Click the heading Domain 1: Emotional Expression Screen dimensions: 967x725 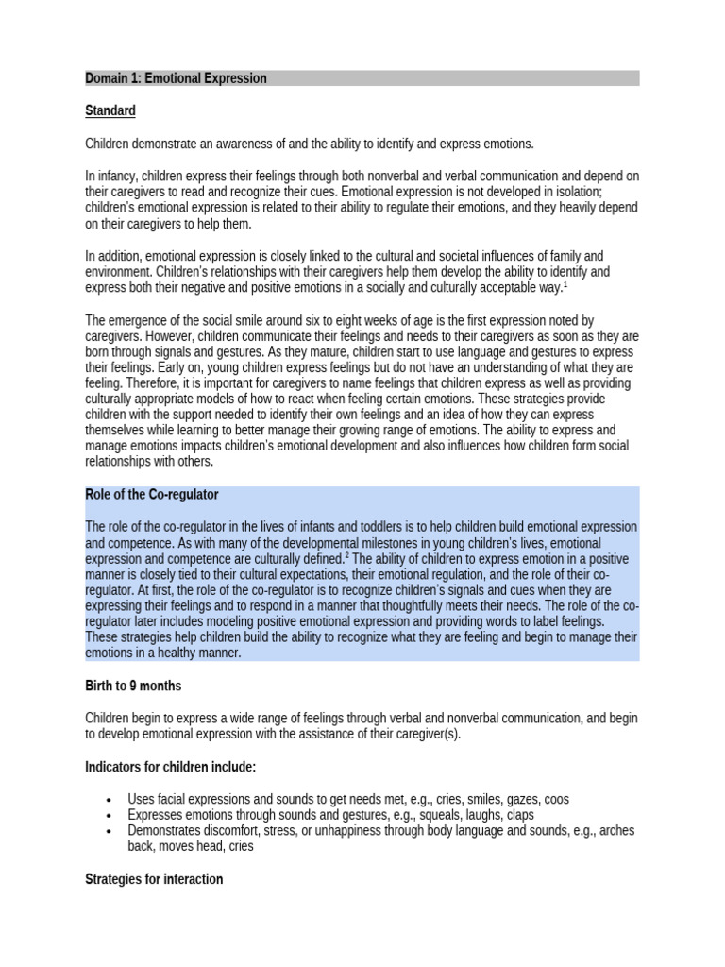pyautogui.click(x=176, y=78)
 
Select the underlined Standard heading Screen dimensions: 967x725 pyautogui.click(x=110, y=110)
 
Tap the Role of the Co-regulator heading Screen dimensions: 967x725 pyautogui.click(x=152, y=495)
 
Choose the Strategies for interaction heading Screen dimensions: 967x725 pyautogui.click(x=154, y=879)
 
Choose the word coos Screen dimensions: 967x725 pyautogui.click(x=556, y=800)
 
